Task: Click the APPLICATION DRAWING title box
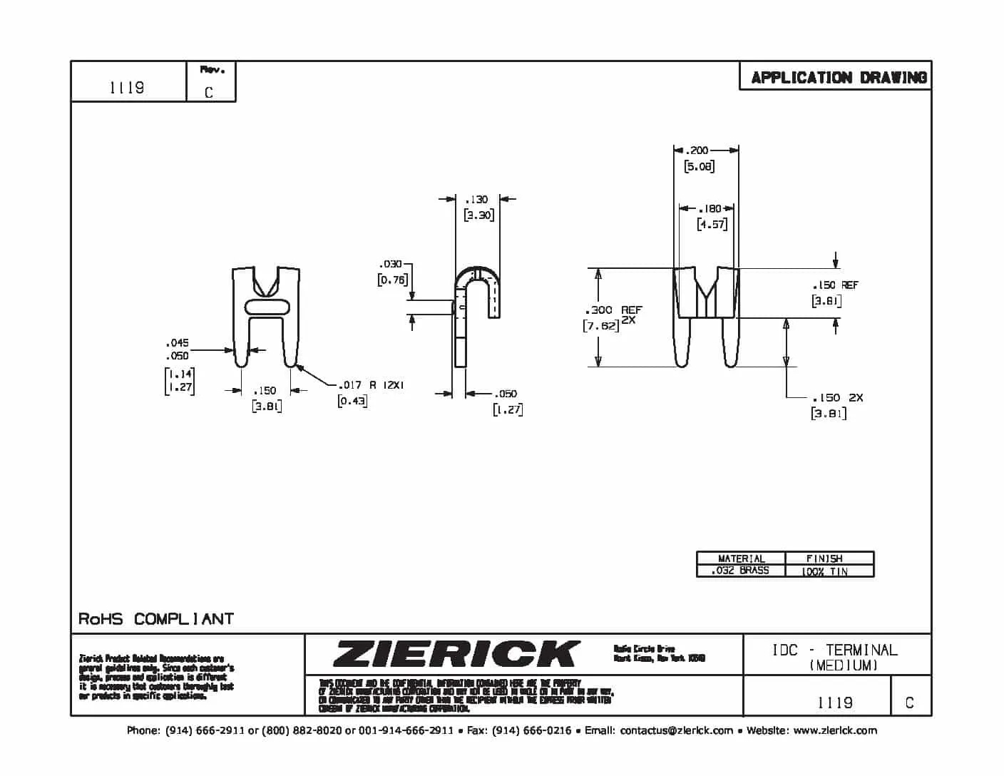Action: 838,77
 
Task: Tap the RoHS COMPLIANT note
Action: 155,618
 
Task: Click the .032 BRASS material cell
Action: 740,571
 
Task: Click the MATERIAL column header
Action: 741,558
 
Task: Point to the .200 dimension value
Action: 697,150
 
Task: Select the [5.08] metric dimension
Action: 699,166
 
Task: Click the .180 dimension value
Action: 710,209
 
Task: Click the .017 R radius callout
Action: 371,385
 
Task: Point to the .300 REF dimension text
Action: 613,310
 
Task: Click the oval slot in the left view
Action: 267,307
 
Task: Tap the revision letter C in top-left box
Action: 209,92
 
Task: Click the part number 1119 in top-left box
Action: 127,87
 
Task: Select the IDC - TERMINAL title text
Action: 834,650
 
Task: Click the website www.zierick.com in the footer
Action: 834,730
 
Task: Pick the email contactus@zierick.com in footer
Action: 676,730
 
